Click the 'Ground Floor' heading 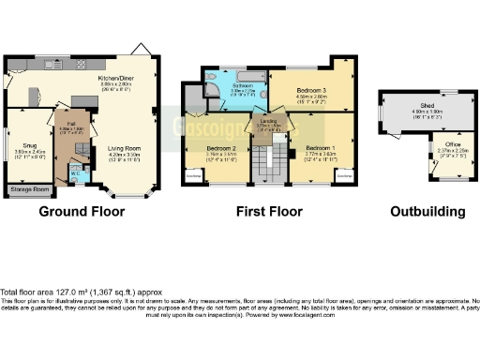point(82,212)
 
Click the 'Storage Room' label point(30,190)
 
